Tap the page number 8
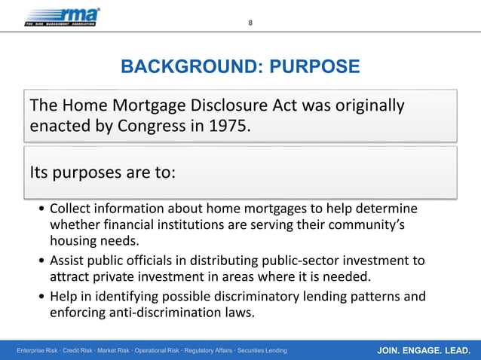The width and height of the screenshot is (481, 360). point(251,22)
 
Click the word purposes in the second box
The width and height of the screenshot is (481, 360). point(85,173)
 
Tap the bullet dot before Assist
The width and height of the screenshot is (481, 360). point(41,261)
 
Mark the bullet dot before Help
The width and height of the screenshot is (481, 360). point(41,297)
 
